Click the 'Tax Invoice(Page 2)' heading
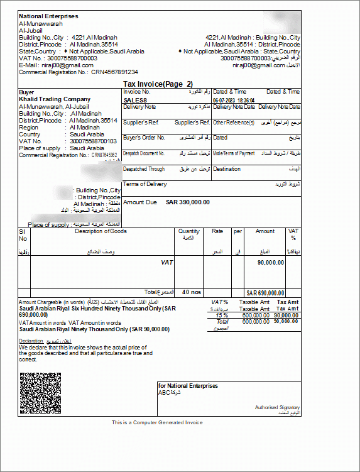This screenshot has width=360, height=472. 158,84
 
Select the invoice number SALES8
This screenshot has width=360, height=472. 136,100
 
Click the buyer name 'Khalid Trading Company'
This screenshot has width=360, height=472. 55,99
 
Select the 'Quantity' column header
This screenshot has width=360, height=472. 189,231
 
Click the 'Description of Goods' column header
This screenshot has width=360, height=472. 101,231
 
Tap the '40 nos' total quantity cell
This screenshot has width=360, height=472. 190,292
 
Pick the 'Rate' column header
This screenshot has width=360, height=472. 217,231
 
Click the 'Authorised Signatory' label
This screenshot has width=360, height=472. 277,407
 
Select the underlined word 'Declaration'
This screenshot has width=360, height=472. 31,341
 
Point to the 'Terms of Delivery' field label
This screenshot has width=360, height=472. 145,184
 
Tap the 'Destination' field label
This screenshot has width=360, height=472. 226,169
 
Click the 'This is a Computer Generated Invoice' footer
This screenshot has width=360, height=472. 158,422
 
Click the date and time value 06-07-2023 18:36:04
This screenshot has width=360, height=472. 233,100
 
